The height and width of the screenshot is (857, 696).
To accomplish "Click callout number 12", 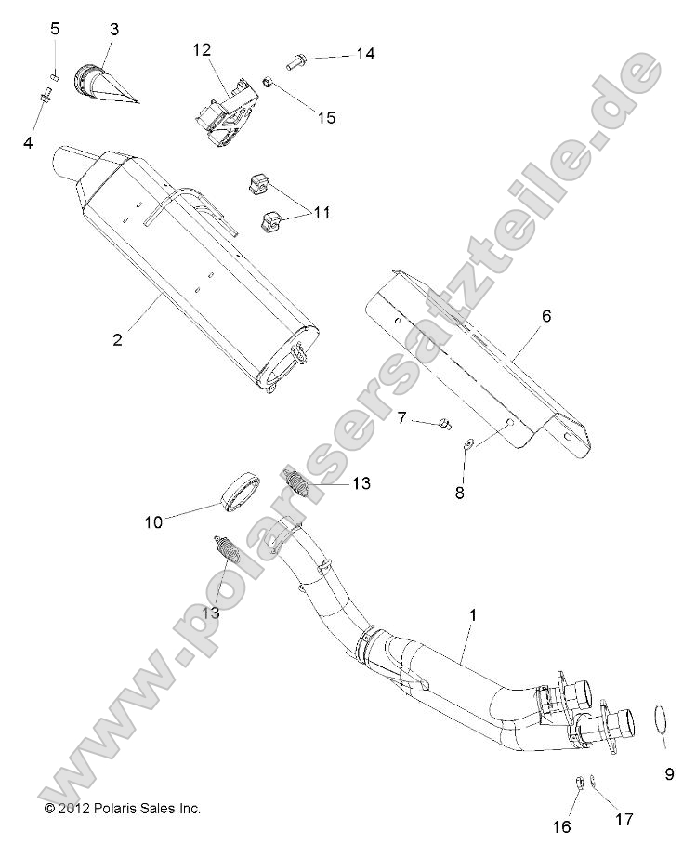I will click(203, 49).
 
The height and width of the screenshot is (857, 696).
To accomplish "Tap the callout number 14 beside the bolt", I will click(364, 55).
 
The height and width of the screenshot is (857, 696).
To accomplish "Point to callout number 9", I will click(668, 773).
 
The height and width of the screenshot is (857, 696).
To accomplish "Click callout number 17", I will click(624, 819).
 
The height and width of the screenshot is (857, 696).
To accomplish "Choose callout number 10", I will click(152, 521).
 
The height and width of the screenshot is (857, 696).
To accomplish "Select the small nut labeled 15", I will click(267, 84).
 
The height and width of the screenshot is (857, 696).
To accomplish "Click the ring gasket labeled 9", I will click(661, 722).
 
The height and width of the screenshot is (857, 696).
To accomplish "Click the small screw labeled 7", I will click(445, 425).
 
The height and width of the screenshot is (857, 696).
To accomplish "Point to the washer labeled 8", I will click(468, 441).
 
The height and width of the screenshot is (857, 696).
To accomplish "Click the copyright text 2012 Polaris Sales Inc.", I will click(122, 809).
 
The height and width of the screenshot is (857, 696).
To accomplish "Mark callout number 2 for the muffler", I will click(118, 339).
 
